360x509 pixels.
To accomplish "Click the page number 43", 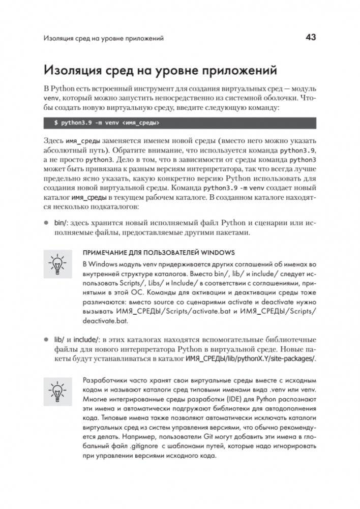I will click(x=310, y=37).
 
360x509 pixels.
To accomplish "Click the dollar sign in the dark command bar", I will click(x=55, y=123).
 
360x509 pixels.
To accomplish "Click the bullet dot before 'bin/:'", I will click(x=46, y=223).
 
